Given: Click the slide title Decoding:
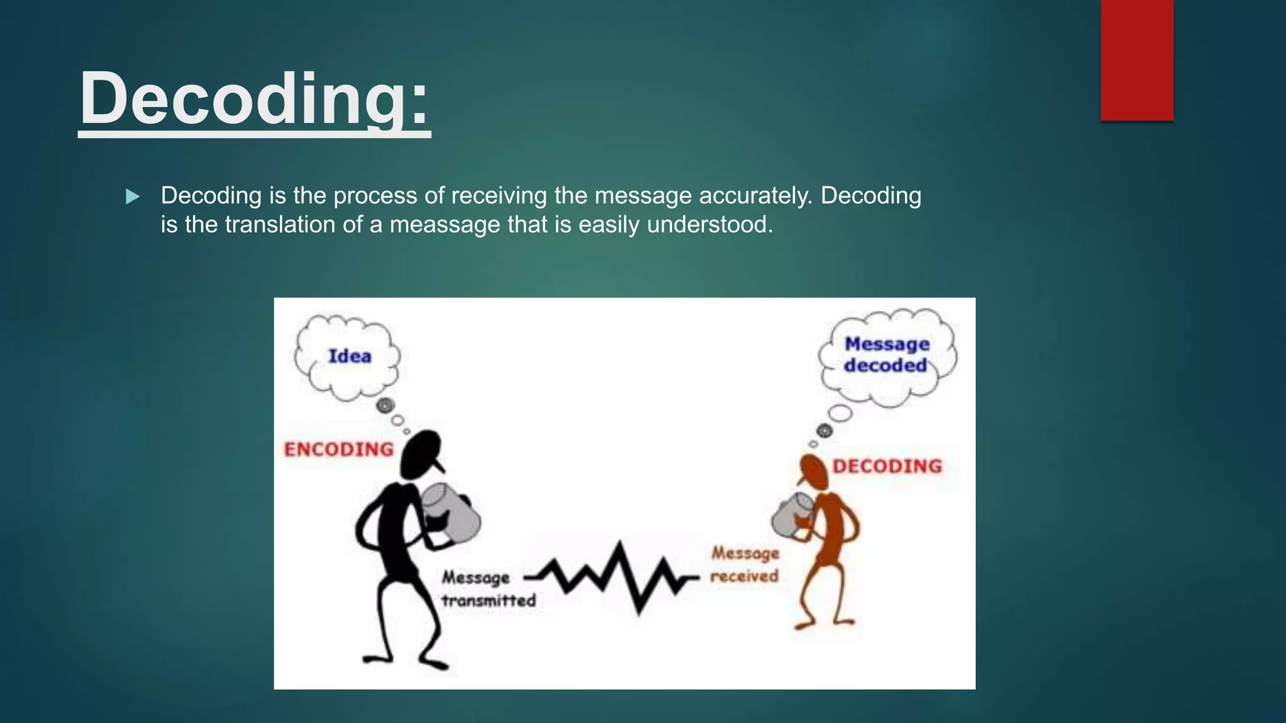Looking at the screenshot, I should (254, 99).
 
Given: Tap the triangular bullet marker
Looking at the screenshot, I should (132, 197).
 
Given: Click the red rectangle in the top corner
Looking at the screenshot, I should (1137, 60).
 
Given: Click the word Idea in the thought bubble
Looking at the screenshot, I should (350, 356).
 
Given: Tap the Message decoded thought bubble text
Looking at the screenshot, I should (886, 355).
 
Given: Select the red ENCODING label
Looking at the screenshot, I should (339, 449).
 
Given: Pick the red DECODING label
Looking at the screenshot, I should (887, 466).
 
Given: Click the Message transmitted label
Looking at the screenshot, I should (487, 589).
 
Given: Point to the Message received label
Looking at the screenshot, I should (745, 564).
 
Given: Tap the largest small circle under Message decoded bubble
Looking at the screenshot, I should (841, 414).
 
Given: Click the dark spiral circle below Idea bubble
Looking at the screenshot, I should (386, 405).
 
